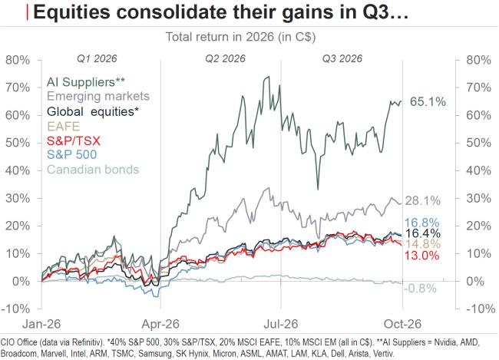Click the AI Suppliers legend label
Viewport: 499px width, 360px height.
point(86,82)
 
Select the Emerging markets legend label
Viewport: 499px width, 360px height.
point(98,96)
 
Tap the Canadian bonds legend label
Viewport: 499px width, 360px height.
point(93,170)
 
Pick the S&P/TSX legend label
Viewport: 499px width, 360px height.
point(74,140)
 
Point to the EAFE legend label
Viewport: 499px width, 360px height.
point(63,127)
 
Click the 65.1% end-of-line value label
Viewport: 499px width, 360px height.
point(428,102)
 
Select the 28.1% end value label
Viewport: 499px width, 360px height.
point(423,201)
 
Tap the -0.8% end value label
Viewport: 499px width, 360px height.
point(420,289)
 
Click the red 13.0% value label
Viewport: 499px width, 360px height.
point(422,256)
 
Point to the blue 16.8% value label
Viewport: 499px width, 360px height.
point(422,223)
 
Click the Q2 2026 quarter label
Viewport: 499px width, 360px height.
point(225,58)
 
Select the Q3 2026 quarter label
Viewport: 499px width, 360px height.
point(342,58)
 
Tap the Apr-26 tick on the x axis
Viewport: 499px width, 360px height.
point(160,324)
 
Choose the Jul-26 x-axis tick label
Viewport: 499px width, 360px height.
point(281,324)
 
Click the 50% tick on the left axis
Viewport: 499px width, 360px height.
point(18,143)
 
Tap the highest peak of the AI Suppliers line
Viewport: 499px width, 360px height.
point(268,77)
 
